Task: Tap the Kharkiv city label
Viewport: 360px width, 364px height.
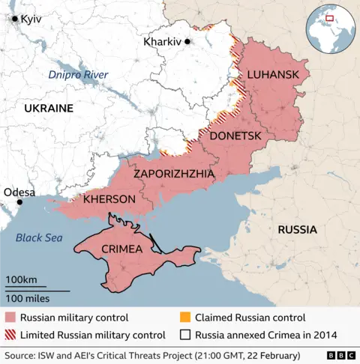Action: coord(162,42)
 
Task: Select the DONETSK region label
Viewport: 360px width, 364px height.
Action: coord(235,136)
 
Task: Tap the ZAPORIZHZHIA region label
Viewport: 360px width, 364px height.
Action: coord(174,174)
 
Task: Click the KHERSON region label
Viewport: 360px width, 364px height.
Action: coord(109,199)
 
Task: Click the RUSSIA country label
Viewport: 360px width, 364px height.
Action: coord(297,229)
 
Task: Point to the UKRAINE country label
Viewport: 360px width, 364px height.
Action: coord(49,109)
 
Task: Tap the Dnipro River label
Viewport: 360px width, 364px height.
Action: coord(78,75)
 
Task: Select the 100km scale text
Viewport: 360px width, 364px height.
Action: coord(21,280)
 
